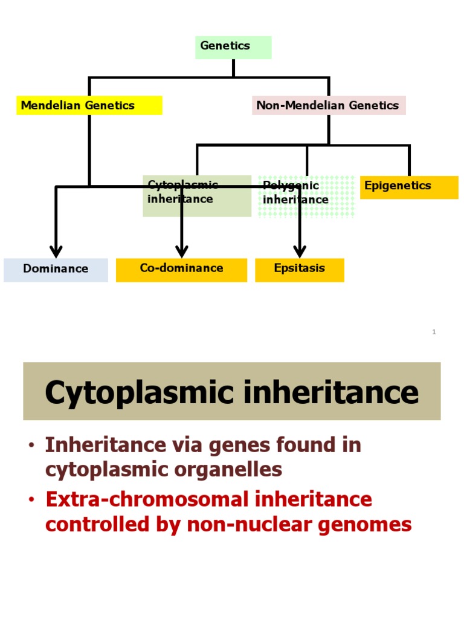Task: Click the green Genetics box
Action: click(x=233, y=47)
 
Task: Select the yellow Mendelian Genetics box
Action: click(x=89, y=105)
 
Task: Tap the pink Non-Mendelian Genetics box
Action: click(x=329, y=105)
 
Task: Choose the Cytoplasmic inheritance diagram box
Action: click(x=197, y=196)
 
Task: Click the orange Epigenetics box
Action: click(x=409, y=187)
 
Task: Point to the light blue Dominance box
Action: click(x=56, y=270)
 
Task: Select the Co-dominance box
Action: click(x=181, y=270)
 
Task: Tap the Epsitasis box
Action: click(x=300, y=270)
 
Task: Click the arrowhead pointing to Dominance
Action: click(x=56, y=251)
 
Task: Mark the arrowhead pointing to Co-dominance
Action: click(x=182, y=251)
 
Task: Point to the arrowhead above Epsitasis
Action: click(x=300, y=251)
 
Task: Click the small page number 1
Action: click(x=434, y=332)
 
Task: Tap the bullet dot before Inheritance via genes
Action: click(x=31, y=446)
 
